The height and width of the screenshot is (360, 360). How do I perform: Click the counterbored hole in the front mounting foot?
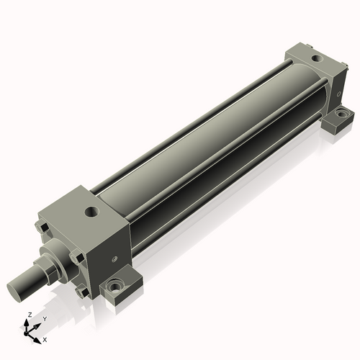click(114, 286)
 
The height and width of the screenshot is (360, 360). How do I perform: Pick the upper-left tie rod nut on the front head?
click(42, 229)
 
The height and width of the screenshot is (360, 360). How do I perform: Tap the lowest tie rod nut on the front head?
click(84, 292)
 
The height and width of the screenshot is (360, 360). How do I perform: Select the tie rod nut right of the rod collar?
click(76, 255)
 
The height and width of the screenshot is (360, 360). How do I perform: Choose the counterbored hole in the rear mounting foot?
click(341, 113)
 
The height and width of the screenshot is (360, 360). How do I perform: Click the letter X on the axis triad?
click(45, 338)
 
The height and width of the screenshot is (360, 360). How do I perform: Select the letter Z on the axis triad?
click(28, 315)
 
